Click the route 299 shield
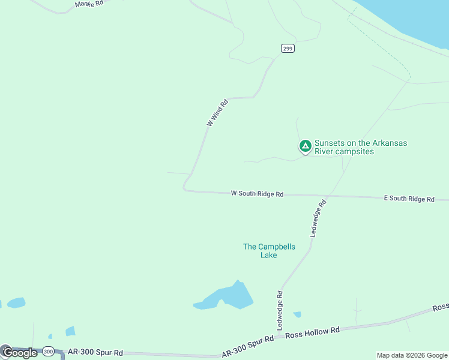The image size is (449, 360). click(288, 49)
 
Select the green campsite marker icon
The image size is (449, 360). click(305, 146)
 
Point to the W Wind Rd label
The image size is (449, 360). click(218, 112)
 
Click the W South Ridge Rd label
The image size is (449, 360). click(257, 194)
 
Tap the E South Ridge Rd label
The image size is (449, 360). click(409, 198)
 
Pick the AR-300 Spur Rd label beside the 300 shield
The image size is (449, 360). click(95, 352)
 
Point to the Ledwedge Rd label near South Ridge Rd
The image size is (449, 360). click(318, 218)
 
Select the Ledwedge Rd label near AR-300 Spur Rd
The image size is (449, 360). click(280, 308)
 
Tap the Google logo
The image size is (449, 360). click(19, 353)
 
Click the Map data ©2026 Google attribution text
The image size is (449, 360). click(412, 355)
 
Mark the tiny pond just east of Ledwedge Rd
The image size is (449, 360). click(297, 314)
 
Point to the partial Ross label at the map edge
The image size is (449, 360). click(441, 307)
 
